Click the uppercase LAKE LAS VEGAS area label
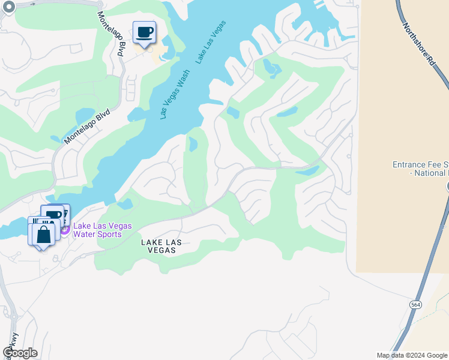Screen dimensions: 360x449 pyautogui.click(x=158, y=246)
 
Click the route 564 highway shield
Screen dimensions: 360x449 pyautogui.click(x=415, y=305)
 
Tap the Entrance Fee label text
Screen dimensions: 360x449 pyautogui.click(x=420, y=169)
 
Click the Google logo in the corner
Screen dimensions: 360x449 pyautogui.click(x=20, y=353)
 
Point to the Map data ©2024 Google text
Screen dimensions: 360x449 pyautogui.click(x=412, y=355)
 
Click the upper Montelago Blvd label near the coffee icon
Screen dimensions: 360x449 pyautogui.click(x=110, y=34)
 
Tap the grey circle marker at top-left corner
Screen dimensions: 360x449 pyautogui.click(x=8, y=7)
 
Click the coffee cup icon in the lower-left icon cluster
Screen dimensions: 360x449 pyautogui.click(x=53, y=215)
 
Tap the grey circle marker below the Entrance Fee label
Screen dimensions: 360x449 pyautogui.click(x=447, y=187)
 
